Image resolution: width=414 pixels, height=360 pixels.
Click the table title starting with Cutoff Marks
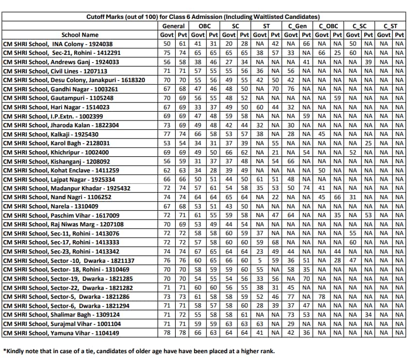[x=206, y=17]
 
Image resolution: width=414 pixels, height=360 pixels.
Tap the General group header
[x=173, y=26]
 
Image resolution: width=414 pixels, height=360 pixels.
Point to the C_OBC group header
[x=329, y=26]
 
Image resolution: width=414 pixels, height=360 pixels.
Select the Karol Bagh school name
[x=56, y=143]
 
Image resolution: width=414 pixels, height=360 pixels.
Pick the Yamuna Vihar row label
[x=61, y=333]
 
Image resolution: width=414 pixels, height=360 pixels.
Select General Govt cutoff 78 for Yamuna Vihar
[x=167, y=333]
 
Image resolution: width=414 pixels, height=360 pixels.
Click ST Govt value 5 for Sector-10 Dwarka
[x=260, y=260]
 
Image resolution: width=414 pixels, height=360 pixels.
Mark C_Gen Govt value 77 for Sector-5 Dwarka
[x=291, y=297]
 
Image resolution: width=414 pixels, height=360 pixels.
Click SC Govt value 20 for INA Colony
[x=229, y=44]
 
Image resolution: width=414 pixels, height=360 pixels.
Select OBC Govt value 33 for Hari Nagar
[x=198, y=107]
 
